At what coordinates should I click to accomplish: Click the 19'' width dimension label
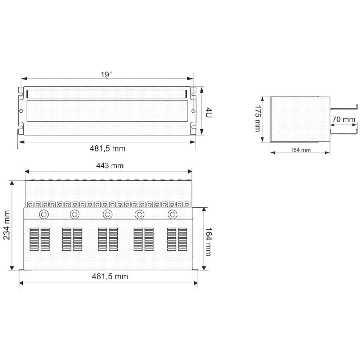click(107, 75)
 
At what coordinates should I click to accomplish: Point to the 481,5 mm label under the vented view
click(110, 276)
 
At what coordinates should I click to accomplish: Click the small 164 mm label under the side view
click(300, 150)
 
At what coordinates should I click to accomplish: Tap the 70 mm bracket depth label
click(344, 120)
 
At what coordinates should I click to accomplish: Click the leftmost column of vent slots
click(34, 239)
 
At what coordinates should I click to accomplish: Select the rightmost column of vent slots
click(183, 239)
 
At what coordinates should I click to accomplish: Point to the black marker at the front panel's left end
click(26, 94)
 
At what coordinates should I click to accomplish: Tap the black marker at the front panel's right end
click(186, 94)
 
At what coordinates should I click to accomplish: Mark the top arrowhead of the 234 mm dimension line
click(13, 183)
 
